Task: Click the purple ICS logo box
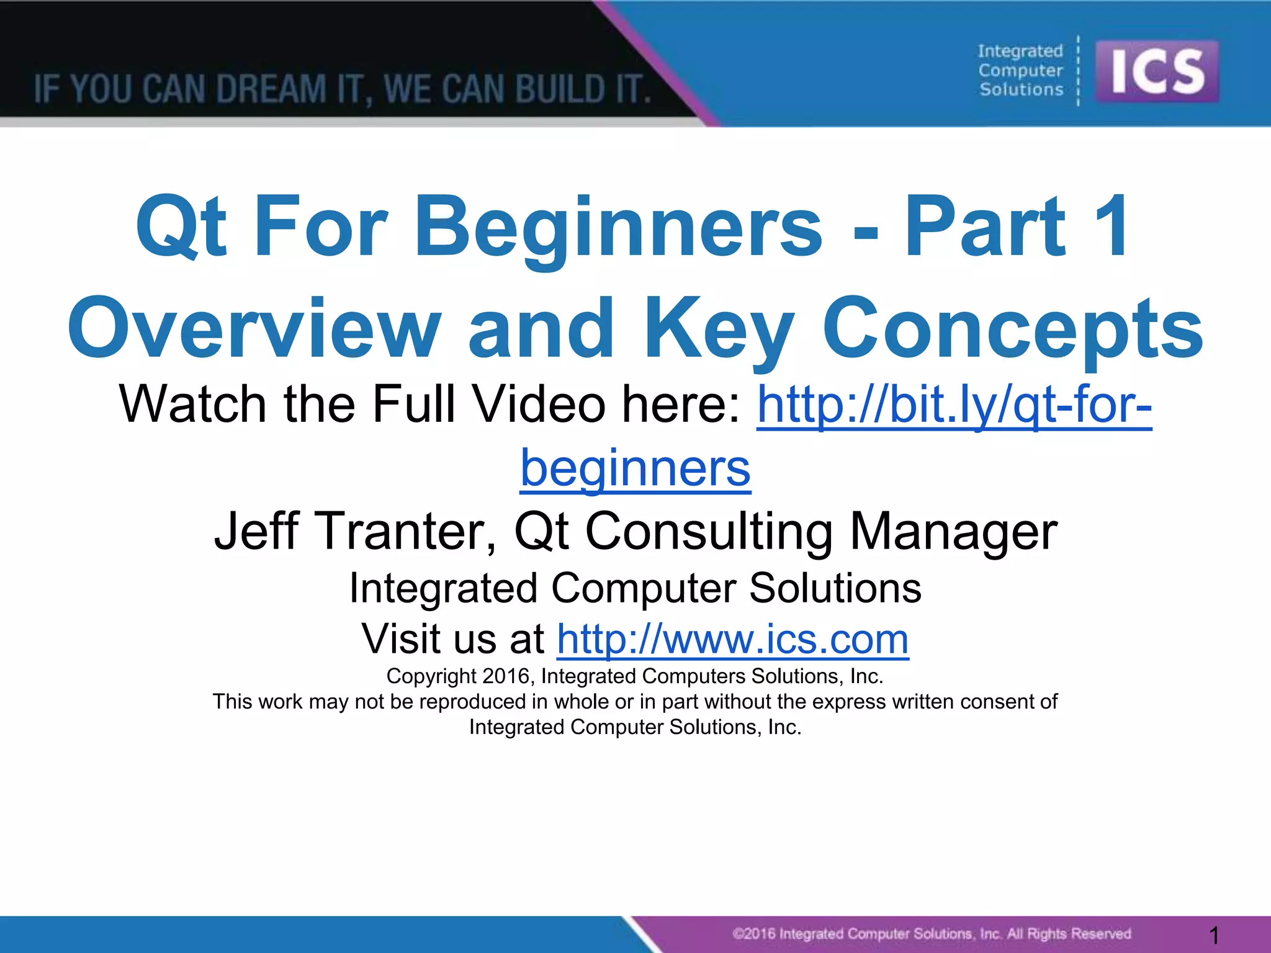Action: tap(1157, 71)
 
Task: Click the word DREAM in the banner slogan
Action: tap(271, 89)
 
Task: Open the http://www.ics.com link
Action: tap(732, 639)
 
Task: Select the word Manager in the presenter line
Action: tap(953, 531)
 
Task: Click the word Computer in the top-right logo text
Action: tap(1020, 71)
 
